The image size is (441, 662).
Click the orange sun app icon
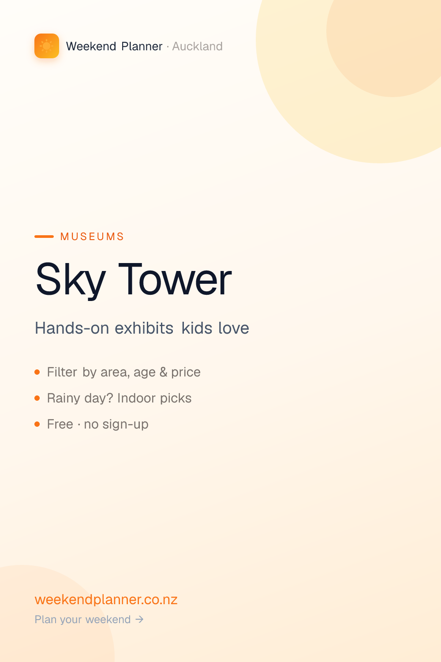[47, 46]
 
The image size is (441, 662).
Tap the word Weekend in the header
[91, 46]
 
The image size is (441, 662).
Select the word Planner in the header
[142, 46]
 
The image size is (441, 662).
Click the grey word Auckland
[197, 46]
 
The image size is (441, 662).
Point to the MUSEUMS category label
[92, 237]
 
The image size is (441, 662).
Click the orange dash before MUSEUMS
[44, 237]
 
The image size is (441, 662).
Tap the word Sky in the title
[71, 279]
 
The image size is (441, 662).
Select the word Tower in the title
[175, 279]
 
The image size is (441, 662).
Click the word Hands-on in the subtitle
[72, 328]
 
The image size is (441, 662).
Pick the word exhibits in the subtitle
[144, 328]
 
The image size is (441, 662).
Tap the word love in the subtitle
[234, 328]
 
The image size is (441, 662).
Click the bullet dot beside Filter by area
[37, 372]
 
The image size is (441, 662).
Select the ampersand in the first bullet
[163, 372]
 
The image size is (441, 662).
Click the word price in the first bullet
[186, 372]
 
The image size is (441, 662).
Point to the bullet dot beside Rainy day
[37, 398]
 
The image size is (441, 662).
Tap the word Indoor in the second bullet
[136, 398]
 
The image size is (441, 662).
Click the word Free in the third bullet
[60, 424]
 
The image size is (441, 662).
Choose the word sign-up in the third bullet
[126, 425]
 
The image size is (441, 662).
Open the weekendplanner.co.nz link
[106, 599]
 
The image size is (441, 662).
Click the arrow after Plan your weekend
[139, 620]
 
